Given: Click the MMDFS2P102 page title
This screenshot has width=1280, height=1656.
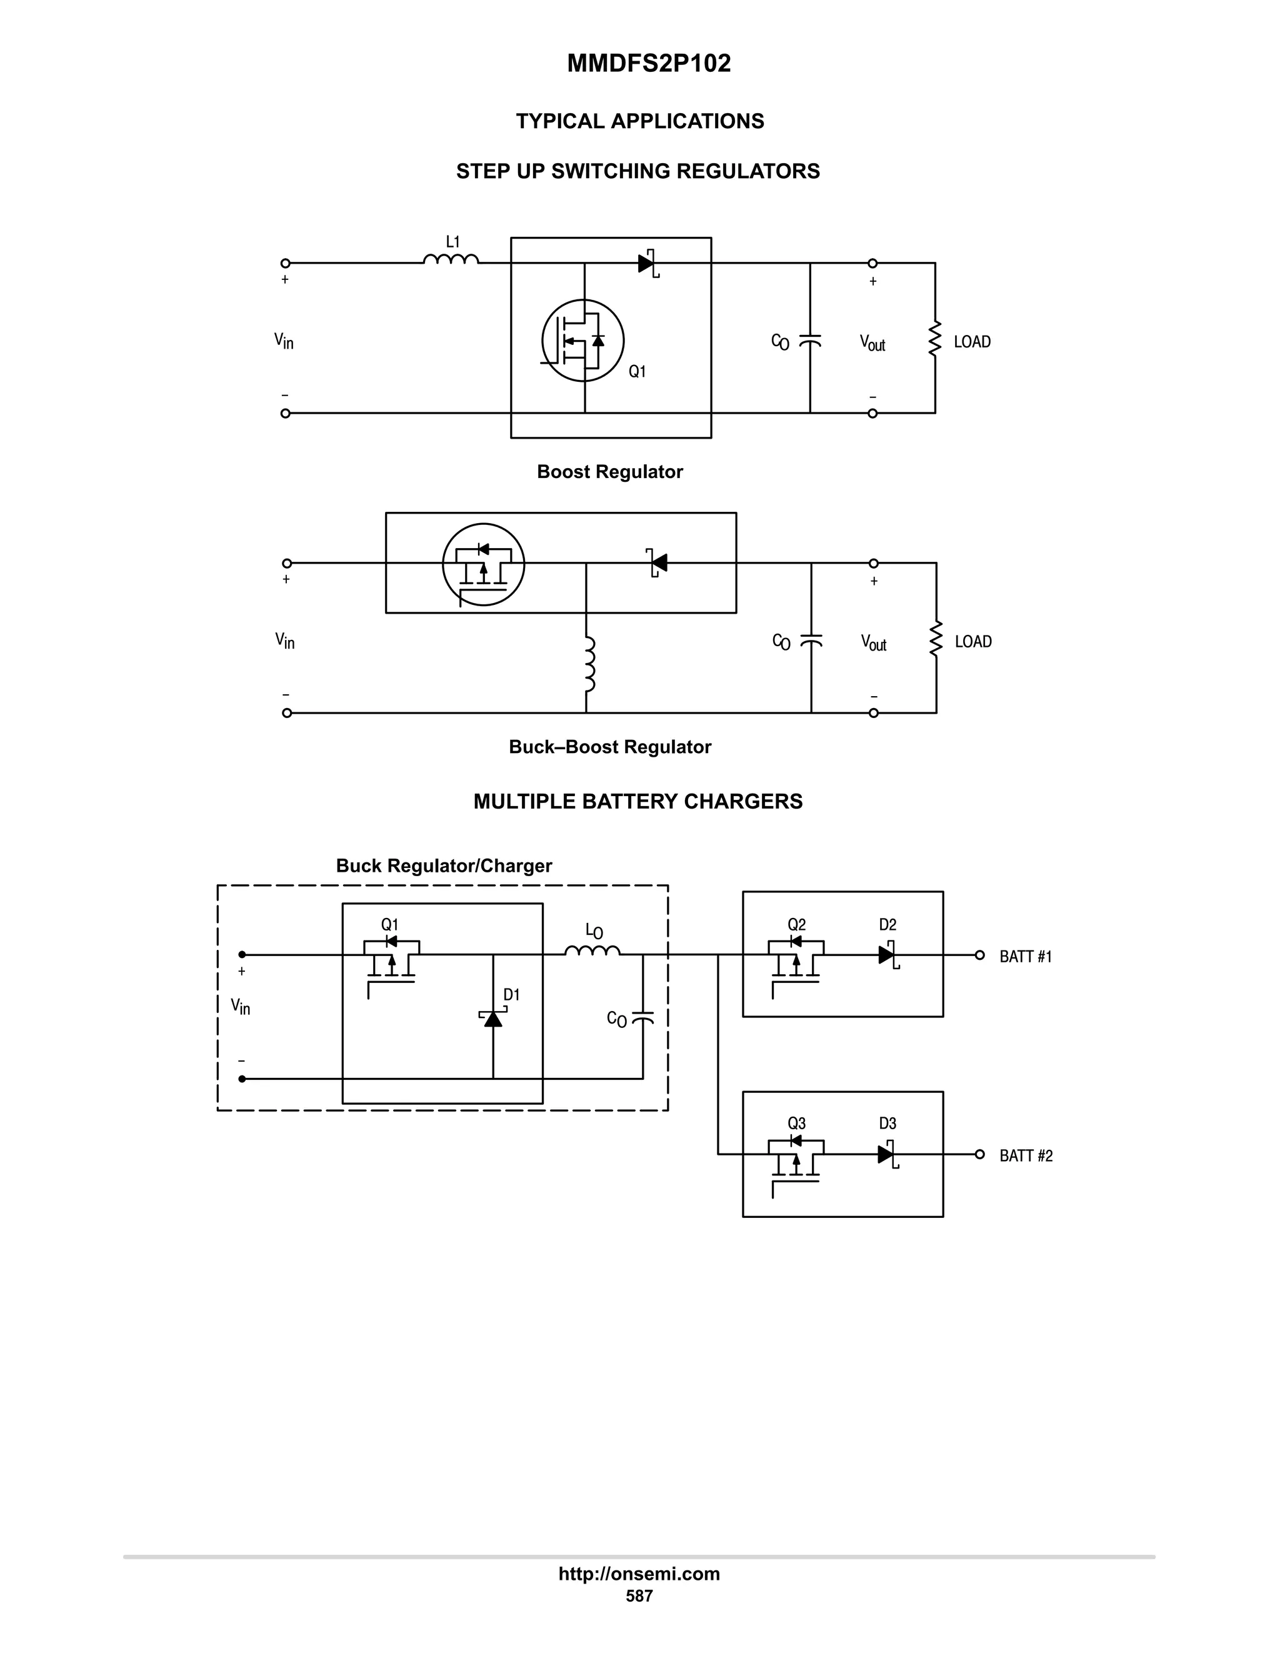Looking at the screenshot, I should (648, 64).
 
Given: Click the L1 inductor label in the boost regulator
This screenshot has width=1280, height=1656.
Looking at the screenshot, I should (452, 242).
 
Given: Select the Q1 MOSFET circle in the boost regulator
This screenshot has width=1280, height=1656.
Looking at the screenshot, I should (582, 341).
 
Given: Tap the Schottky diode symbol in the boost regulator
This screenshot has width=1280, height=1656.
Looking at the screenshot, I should (647, 264).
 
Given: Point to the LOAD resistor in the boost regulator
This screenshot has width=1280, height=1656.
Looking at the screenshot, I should (935, 339).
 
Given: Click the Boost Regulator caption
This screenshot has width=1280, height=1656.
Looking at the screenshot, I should (609, 472).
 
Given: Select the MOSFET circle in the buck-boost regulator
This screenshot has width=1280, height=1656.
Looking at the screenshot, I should (483, 564).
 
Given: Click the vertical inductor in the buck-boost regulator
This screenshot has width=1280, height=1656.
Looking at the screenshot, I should (588, 664).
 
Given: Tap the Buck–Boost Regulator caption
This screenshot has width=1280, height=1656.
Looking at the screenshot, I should (609, 747).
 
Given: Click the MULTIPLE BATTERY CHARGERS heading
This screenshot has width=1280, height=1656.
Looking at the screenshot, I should (637, 802).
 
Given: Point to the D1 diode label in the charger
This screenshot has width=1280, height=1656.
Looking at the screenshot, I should (512, 995).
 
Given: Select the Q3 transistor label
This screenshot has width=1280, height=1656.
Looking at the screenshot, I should (796, 1124).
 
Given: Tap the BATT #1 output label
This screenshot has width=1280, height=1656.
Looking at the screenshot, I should (1025, 957).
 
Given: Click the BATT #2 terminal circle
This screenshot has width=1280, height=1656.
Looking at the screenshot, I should (980, 1154).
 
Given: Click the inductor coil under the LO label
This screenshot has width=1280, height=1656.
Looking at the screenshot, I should (592, 951).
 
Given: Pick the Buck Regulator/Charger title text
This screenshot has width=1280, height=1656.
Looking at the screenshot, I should (444, 866).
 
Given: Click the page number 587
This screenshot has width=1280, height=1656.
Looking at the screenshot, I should (639, 1596).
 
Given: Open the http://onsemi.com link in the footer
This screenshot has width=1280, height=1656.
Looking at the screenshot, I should (639, 1574).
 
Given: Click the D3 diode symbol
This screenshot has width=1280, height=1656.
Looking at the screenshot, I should (886, 1154).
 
